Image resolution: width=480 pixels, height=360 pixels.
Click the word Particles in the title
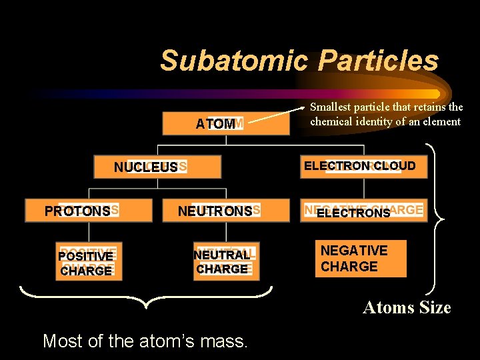pos(378,61)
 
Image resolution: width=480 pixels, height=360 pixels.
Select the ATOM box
pos(219,124)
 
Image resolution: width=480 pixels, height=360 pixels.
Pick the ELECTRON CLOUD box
pos(360,166)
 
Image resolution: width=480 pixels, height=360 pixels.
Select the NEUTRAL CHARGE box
pos(223,262)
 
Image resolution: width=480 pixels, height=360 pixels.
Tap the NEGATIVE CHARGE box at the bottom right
pos(361,259)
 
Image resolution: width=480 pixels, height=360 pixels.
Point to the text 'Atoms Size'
pos(407,307)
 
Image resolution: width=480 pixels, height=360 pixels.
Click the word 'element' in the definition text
pos(441,121)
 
